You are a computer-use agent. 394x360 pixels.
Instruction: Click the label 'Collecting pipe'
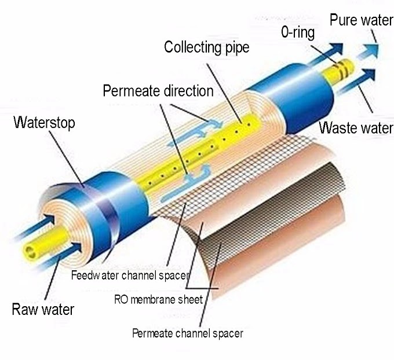point(207,47)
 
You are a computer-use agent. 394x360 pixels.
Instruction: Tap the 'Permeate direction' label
point(158,91)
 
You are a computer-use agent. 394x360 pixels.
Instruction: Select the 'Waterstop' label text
point(45,123)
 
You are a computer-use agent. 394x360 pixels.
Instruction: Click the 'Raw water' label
point(43,309)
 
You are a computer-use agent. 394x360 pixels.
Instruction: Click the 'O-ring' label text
point(298,32)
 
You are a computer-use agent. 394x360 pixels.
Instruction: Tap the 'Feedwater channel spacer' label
point(130,275)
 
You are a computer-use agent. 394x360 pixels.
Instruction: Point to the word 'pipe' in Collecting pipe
point(236,47)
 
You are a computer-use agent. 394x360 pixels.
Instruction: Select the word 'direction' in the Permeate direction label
point(184,91)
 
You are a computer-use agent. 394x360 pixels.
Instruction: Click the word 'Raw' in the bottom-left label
point(24,309)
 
